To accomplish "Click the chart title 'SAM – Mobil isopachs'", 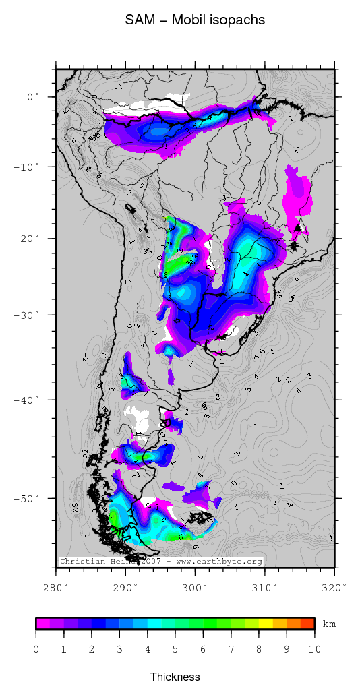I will (x=195, y=20).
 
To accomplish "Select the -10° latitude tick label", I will (x=28, y=167).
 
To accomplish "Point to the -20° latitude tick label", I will (x=28, y=239).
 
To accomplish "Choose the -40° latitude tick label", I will (x=28, y=400).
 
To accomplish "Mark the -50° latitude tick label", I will (x=28, y=498).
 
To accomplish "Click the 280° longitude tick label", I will (x=57, y=587).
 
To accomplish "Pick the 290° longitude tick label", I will (x=126, y=587).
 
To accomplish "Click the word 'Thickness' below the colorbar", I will (x=175, y=677).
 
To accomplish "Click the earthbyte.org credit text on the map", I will (x=160, y=561).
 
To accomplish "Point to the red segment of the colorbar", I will (x=307, y=624).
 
